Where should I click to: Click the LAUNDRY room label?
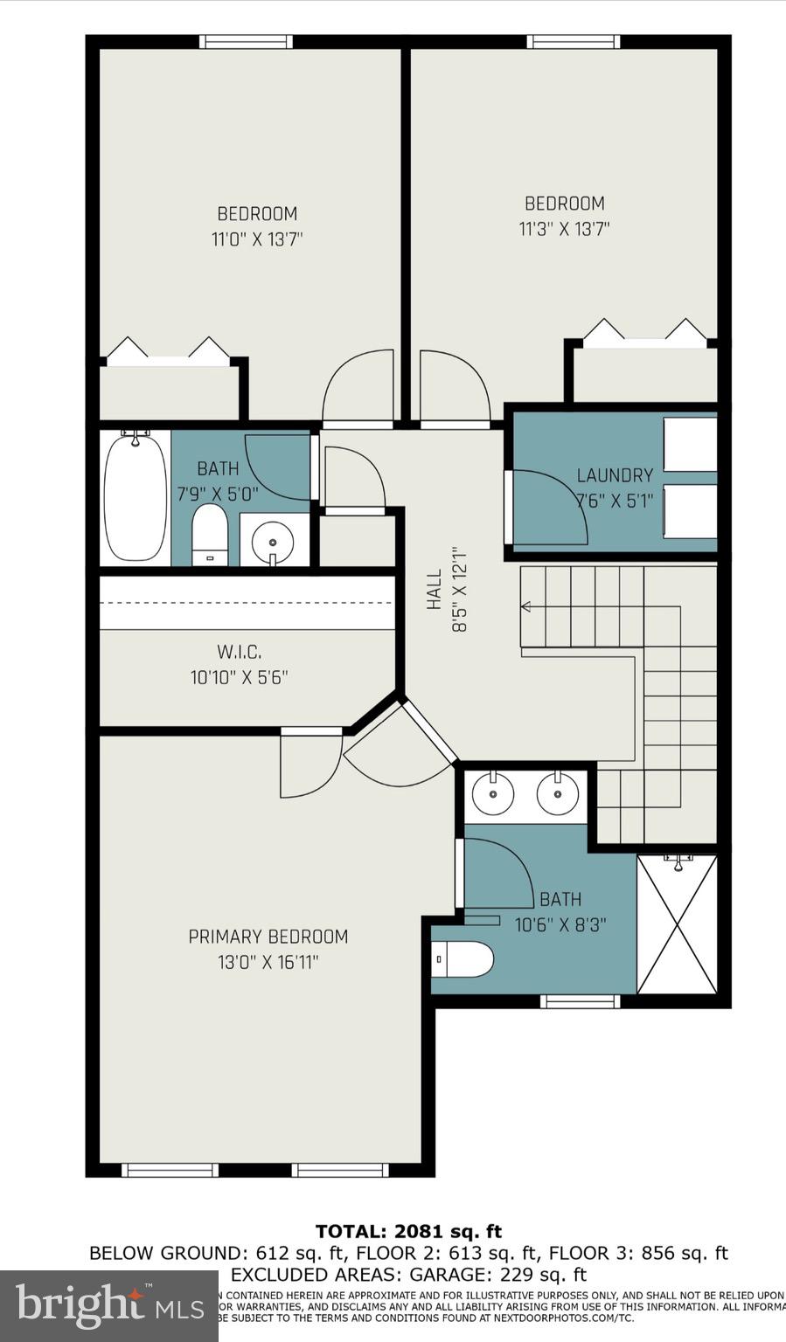point(615,475)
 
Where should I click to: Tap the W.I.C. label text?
point(239,652)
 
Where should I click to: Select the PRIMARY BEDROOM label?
point(268,937)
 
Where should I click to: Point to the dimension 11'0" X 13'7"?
point(257,239)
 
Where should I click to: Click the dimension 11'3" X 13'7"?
point(564,229)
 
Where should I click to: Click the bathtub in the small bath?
point(136,497)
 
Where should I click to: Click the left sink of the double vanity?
point(493,793)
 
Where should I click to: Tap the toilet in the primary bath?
point(464,959)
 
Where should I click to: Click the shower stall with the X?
point(677,924)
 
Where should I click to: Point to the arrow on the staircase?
point(526,606)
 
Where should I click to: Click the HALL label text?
point(435,590)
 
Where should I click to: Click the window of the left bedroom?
point(246,41)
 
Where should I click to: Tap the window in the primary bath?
point(580,1001)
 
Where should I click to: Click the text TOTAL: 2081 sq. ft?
point(408,1232)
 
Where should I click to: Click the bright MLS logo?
point(108,1305)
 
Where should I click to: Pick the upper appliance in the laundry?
point(690,444)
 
